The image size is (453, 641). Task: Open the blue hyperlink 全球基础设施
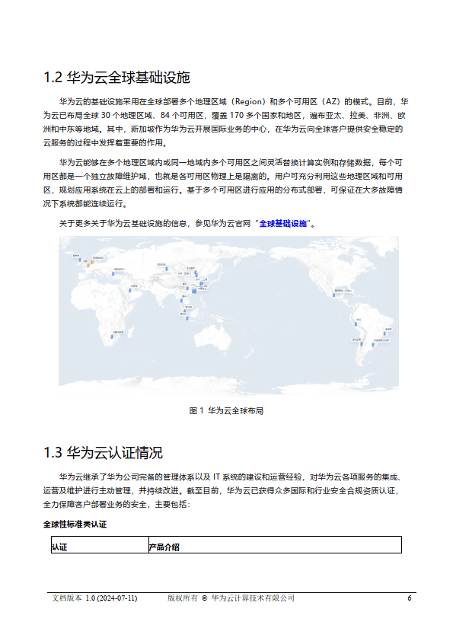[282, 224]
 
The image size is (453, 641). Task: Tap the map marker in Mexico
[333, 292]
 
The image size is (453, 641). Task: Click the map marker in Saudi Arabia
[130, 289]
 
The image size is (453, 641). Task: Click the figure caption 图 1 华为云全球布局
[226, 410]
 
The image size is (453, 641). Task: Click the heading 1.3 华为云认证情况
[103, 453]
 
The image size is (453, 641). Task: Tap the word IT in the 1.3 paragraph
[217, 477]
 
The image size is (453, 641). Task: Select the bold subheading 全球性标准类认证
[75, 525]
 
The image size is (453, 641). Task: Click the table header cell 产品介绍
[164, 547]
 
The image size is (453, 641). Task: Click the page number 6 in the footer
[410, 598]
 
